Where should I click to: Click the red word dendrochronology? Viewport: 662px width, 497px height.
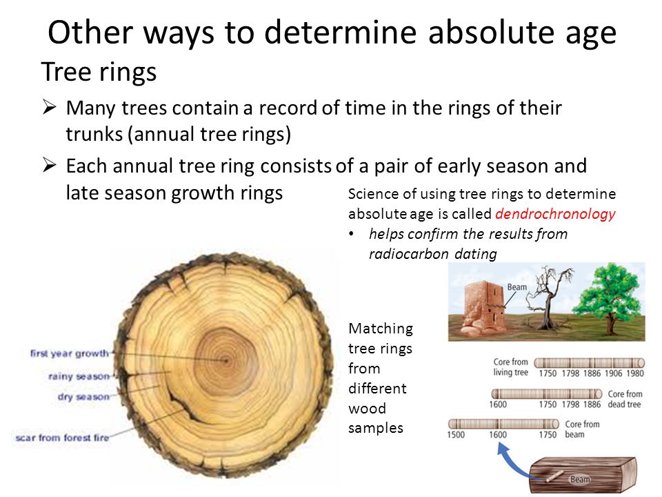click(x=555, y=214)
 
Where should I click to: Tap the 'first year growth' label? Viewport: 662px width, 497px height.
click(x=70, y=353)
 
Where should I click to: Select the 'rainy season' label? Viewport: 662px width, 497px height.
click(x=79, y=376)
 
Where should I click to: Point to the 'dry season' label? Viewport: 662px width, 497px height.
click(x=83, y=397)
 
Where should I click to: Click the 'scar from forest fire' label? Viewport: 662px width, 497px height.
click(x=62, y=438)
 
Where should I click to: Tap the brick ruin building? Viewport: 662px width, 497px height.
click(x=483, y=306)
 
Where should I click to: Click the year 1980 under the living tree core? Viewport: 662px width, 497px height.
click(x=635, y=373)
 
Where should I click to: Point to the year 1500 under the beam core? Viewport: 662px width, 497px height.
click(x=456, y=434)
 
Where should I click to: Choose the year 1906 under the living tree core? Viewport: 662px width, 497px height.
click(x=614, y=373)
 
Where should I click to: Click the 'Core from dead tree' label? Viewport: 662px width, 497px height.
click(x=625, y=399)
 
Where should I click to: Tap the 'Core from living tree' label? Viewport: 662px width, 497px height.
click(x=511, y=367)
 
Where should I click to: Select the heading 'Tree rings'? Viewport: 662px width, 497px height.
click(x=99, y=72)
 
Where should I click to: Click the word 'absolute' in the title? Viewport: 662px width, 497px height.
click(x=492, y=32)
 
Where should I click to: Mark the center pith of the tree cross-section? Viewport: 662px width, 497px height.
click(x=226, y=360)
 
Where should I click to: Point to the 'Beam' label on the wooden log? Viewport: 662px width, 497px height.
click(x=580, y=479)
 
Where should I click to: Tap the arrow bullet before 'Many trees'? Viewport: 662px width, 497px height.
click(x=50, y=107)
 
